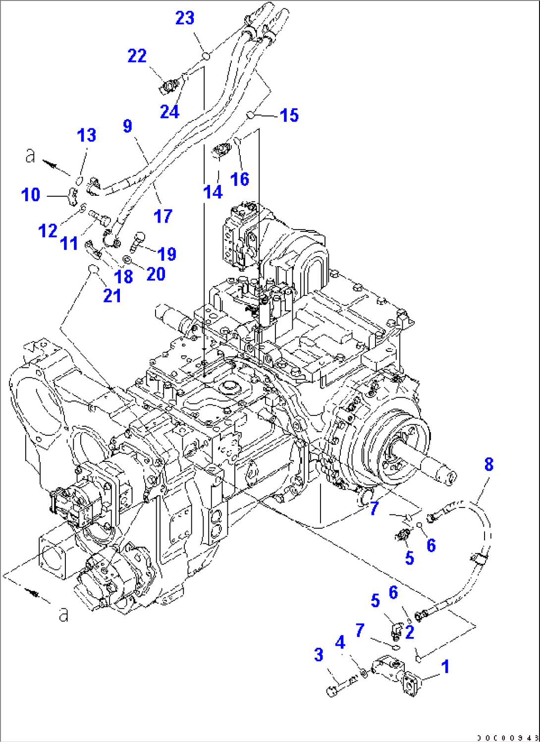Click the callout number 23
pos(185,18)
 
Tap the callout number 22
pos(137,56)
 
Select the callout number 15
pos(289,115)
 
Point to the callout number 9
pos(127,126)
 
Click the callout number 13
pos(87,135)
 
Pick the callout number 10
pos(30,194)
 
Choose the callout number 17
pos(162,216)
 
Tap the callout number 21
pos(112,295)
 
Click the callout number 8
pos(488,464)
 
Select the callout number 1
pos(445,667)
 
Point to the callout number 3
pos(319,655)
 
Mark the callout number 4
pos(340,643)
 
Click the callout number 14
pos(213,192)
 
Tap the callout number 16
pos(240,179)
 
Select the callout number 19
pos(167,254)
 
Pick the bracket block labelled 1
pos(396,675)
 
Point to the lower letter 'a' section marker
pos(63,615)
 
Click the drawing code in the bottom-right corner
pos(507,737)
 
